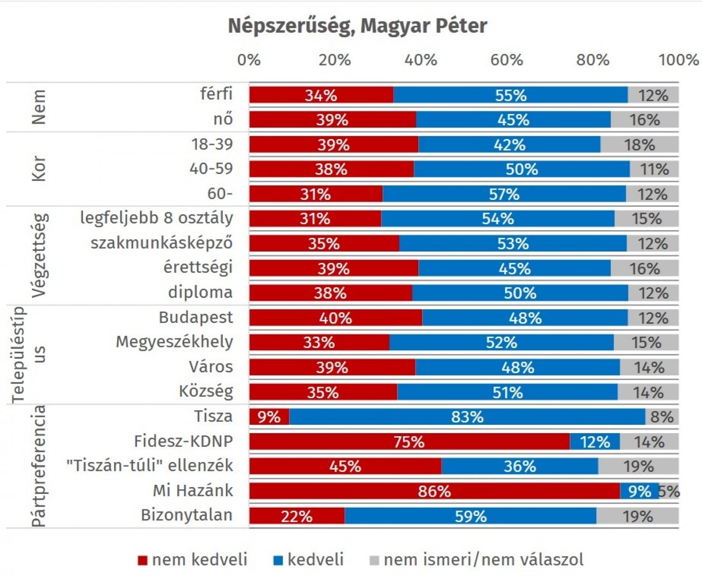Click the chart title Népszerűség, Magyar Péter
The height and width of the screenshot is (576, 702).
[x=357, y=26]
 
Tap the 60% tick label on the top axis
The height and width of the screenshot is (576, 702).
[x=506, y=60]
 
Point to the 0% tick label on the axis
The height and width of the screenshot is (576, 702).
[x=249, y=60]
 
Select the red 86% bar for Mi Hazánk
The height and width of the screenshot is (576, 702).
[x=434, y=491]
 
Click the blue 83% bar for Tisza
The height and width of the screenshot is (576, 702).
[x=467, y=416]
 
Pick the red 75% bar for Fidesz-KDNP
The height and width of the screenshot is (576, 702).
[x=409, y=441]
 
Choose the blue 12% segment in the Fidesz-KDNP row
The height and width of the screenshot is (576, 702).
[x=595, y=441]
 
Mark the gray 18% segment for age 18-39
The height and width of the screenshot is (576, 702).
[x=639, y=145]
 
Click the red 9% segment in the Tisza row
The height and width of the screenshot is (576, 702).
[x=269, y=416]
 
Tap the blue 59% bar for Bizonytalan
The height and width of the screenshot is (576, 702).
[x=470, y=516]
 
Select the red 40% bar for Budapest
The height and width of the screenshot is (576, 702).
[x=336, y=317]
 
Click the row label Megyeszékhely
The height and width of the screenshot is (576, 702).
[x=174, y=342]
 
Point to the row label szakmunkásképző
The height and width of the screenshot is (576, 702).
[x=161, y=243]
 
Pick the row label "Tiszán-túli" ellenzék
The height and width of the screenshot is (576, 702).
[x=150, y=466]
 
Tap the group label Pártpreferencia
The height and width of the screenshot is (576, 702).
[x=39, y=466]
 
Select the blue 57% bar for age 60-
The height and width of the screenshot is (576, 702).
[x=504, y=194]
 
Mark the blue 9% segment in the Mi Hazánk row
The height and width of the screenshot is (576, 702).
[x=639, y=491]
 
